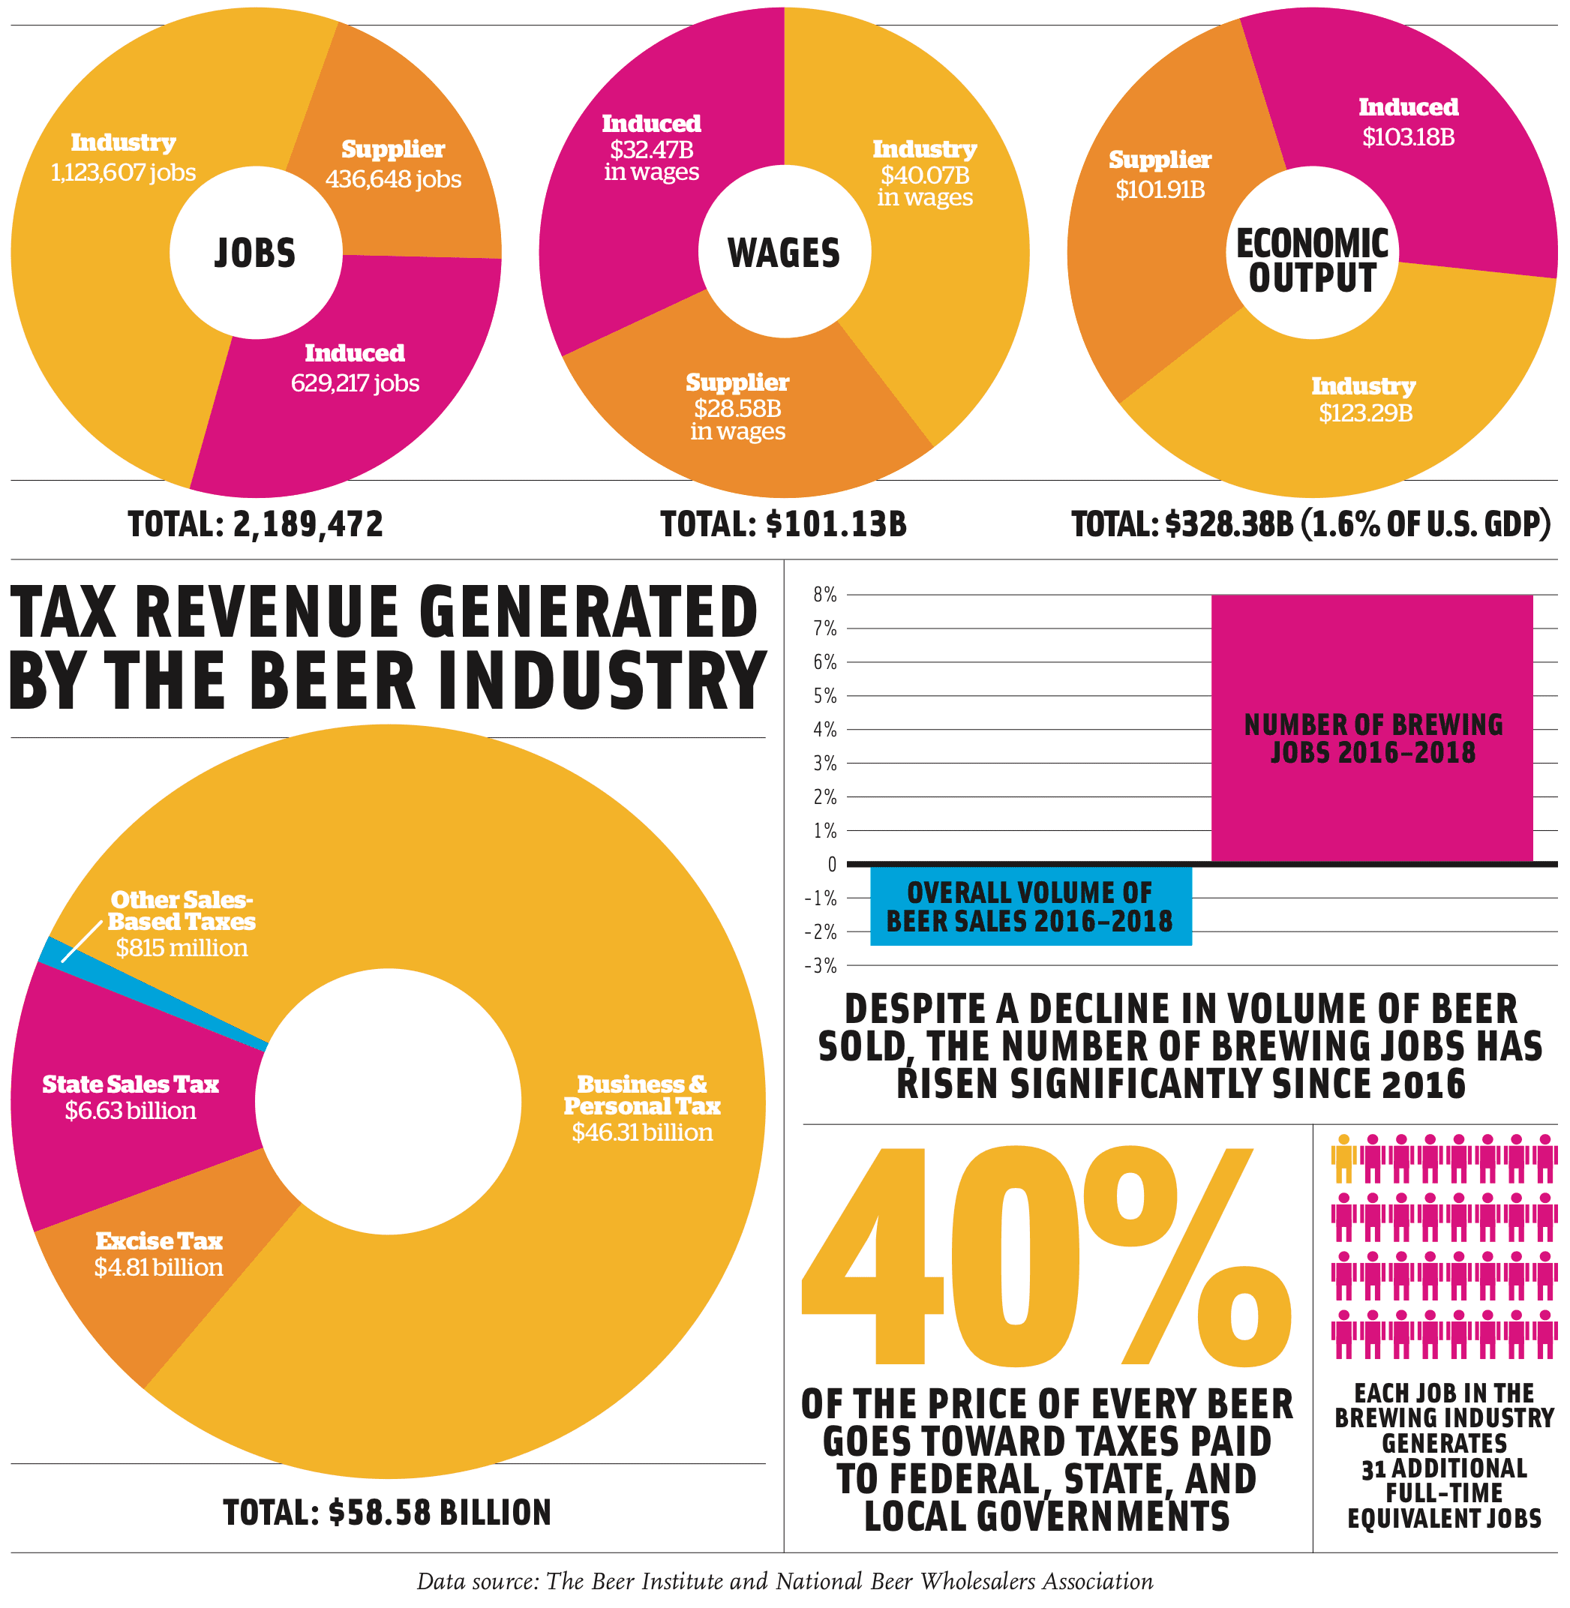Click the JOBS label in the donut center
[x=255, y=253]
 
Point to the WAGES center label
[x=783, y=253]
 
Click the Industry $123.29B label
[x=1364, y=399]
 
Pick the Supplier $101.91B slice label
[x=1160, y=174]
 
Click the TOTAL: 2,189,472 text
[x=256, y=524]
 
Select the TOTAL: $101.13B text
[x=783, y=524]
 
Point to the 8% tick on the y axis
[x=824, y=595]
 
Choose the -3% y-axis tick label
[x=821, y=965]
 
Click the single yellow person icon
[x=1343, y=1159]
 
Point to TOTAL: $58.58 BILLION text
[x=387, y=1512]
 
